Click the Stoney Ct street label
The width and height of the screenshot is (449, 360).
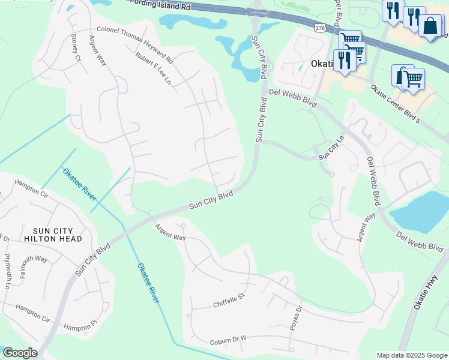(75, 47)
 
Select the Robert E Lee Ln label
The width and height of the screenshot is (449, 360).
(154, 68)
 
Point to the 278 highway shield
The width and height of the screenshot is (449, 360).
(319, 28)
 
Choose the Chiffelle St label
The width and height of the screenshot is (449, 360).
(230, 300)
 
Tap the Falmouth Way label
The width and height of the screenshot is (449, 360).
(33, 259)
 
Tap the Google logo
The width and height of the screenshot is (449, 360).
(20, 352)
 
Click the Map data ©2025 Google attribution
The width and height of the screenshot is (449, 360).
(411, 355)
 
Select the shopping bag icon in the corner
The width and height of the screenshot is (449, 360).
(431, 26)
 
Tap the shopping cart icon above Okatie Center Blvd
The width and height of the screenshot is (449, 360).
(412, 78)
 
